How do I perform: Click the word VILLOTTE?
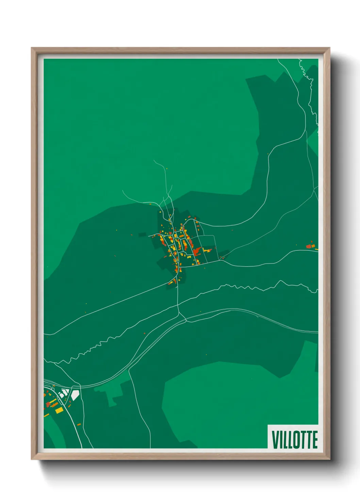[x=295, y=440]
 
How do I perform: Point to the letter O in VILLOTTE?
[x=295, y=440]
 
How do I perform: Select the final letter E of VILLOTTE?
[x=315, y=440]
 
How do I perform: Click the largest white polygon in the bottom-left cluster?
[x=75, y=395]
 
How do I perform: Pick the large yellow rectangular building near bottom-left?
[x=59, y=410]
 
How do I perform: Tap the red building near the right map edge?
[x=309, y=246]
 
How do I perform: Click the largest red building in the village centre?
[x=197, y=252]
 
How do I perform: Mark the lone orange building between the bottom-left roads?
[x=79, y=424]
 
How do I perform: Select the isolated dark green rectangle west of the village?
[x=142, y=234]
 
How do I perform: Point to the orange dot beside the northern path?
[x=166, y=168]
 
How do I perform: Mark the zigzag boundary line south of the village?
[x=102, y=344]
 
